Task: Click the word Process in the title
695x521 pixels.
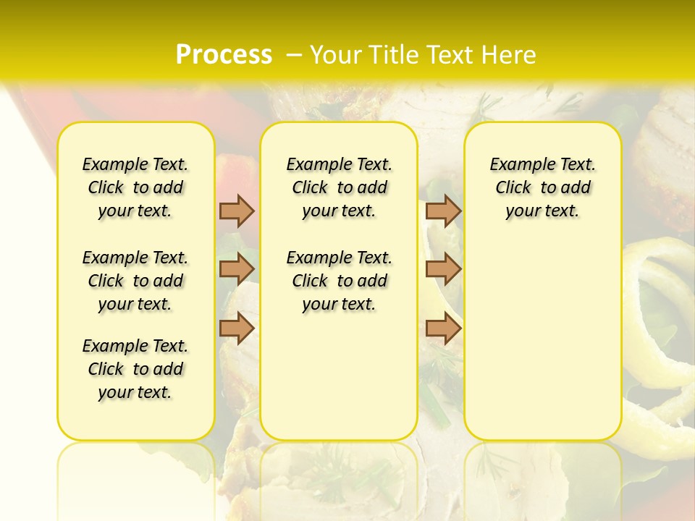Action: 224,55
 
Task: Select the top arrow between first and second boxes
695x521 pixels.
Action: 237,211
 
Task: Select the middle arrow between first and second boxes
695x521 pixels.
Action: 237,269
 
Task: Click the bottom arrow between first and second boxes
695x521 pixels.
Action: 237,328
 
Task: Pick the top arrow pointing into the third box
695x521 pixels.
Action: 443,211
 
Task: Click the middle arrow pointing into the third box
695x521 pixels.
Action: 443,269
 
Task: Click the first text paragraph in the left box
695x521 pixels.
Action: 135,187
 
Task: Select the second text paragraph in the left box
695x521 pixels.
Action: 135,281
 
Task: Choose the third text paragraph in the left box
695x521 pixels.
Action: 135,369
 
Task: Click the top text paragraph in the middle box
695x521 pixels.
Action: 339,187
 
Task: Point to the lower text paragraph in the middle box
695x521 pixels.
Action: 339,281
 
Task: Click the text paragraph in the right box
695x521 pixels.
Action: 542,187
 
